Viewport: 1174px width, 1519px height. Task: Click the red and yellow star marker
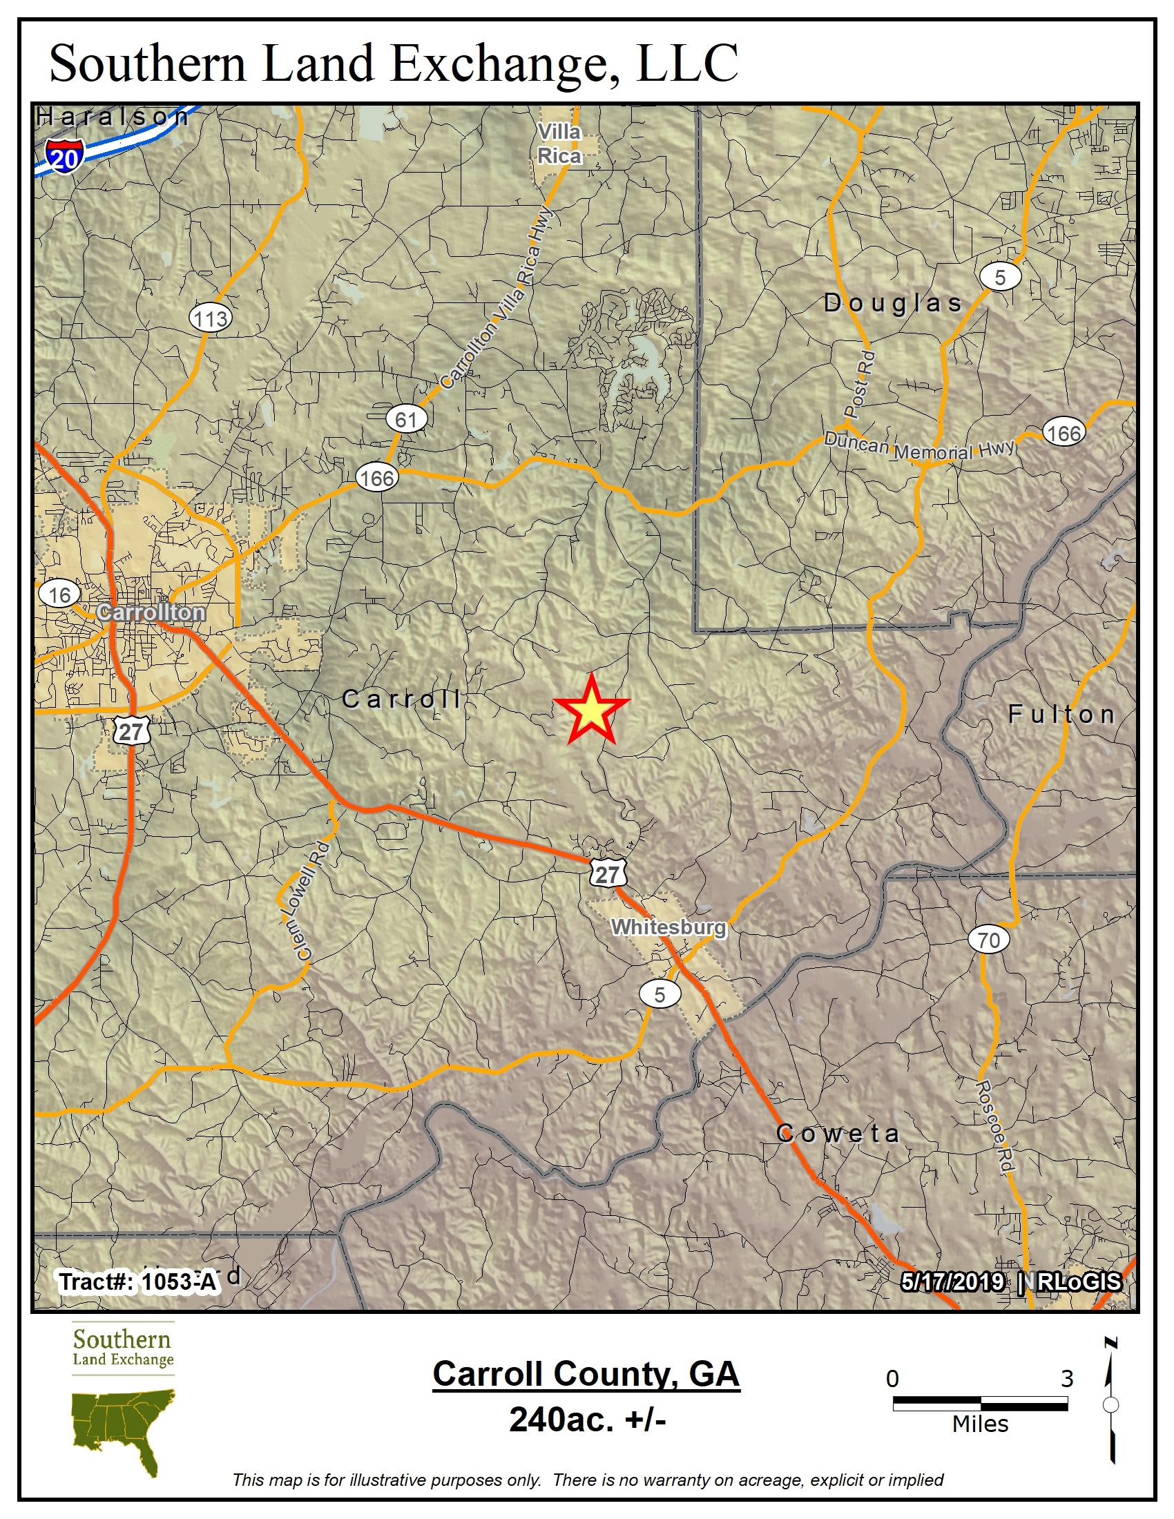coord(591,710)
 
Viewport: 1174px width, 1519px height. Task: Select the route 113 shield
coord(210,318)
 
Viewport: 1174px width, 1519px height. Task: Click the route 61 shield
coord(406,419)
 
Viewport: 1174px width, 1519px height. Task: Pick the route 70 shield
coord(988,940)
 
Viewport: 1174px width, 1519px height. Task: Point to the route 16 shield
coord(60,594)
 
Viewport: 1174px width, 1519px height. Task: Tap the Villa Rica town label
coord(560,144)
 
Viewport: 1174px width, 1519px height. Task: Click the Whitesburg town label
coord(668,927)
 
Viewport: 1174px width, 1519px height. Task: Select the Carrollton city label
coord(151,612)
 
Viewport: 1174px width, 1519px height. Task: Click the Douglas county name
coord(893,302)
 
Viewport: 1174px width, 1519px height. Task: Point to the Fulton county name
coord(1061,714)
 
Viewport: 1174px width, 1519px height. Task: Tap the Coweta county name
coord(838,1133)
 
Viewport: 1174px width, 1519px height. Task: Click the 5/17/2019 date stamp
coord(952,1281)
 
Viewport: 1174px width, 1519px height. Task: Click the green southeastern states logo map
coord(124,1429)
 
